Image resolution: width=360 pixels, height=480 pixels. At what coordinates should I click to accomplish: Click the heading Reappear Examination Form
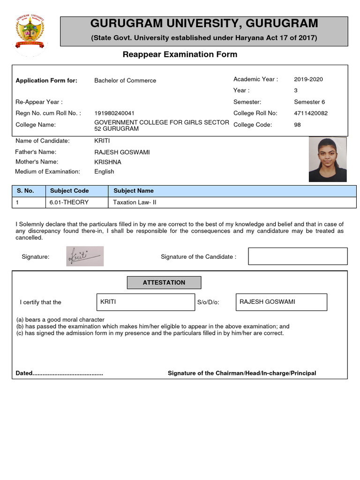point(180,54)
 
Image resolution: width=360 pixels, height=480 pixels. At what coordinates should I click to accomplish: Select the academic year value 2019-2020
point(308,79)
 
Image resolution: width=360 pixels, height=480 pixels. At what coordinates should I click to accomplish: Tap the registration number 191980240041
point(114,113)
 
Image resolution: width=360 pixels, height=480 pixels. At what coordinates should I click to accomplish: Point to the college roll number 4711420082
point(311,113)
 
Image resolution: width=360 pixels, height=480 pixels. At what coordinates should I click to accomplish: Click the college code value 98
point(297,125)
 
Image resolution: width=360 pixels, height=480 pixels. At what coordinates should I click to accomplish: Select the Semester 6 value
point(309,102)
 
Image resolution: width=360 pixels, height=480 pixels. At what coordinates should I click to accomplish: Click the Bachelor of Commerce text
point(125,81)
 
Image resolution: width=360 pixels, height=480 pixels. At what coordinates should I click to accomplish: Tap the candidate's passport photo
point(327,159)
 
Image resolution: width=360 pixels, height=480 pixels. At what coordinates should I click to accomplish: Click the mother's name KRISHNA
point(108,162)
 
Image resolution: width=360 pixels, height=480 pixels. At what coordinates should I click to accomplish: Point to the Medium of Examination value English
point(104,172)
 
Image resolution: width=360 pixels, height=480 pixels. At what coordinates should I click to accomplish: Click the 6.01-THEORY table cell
point(69,202)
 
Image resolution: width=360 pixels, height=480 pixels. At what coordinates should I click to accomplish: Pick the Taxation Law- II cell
point(135,202)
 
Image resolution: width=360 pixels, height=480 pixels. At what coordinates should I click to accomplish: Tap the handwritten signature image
point(85,256)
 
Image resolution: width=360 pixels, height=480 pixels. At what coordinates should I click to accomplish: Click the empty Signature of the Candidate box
point(298,256)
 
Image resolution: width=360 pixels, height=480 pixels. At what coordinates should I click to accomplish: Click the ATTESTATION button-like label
point(164,283)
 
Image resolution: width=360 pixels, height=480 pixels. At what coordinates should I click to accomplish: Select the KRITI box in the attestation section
point(145,302)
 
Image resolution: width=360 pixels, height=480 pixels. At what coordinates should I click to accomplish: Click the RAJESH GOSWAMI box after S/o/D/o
point(281,302)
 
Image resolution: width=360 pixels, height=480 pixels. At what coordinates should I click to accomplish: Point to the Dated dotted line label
point(60,373)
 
